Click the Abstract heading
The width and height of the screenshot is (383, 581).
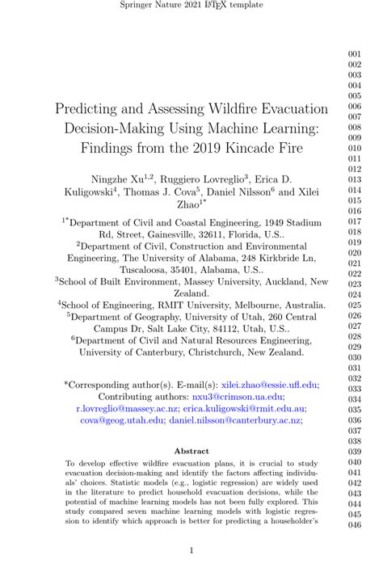[x=191, y=451]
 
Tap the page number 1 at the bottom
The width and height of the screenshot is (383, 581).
[x=191, y=552]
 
